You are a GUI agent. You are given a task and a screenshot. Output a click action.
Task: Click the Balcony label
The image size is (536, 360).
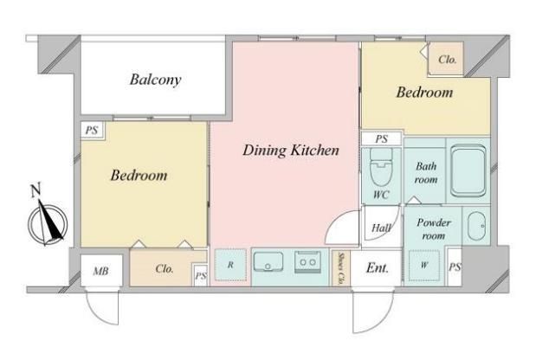click(x=156, y=80)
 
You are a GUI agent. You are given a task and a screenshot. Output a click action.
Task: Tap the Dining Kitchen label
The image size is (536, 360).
click(x=291, y=151)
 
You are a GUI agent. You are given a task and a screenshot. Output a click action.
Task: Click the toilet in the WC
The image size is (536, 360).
click(x=381, y=168)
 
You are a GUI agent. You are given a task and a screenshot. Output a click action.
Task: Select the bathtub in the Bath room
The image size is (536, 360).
click(x=468, y=170)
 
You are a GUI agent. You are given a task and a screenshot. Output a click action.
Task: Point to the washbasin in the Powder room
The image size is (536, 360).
click(x=476, y=226)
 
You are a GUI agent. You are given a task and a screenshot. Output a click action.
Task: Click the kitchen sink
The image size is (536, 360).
click(x=268, y=262)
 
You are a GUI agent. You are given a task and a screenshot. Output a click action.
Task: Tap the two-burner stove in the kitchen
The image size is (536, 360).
click(x=307, y=262)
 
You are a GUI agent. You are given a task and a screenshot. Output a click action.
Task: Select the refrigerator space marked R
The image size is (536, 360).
click(x=230, y=265)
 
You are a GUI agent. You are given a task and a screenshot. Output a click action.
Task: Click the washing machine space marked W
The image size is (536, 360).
click(x=424, y=265)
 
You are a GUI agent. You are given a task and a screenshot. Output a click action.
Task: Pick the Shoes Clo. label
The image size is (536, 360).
click(x=340, y=268)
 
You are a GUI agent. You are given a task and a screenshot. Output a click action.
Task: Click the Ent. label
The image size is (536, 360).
click(x=377, y=267)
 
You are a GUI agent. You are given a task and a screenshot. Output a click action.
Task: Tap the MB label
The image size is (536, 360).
click(x=100, y=271)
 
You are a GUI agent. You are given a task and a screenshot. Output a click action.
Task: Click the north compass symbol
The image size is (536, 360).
click(x=48, y=224)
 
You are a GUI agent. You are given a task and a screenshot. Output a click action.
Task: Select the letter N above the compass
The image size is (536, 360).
click(x=36, y=190)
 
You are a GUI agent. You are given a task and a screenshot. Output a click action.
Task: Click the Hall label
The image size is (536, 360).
click(x=381, y=228)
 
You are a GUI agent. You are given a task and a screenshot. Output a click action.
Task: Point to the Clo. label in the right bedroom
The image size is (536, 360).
click(x=448, y=60)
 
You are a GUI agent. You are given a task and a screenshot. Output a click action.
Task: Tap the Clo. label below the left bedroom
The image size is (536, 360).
click(x=165, y=269)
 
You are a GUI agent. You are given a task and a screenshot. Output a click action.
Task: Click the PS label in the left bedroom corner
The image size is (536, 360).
click(x=92, y=130)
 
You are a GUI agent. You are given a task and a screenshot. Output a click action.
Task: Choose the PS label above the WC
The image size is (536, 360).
click(x=382, y=139)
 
